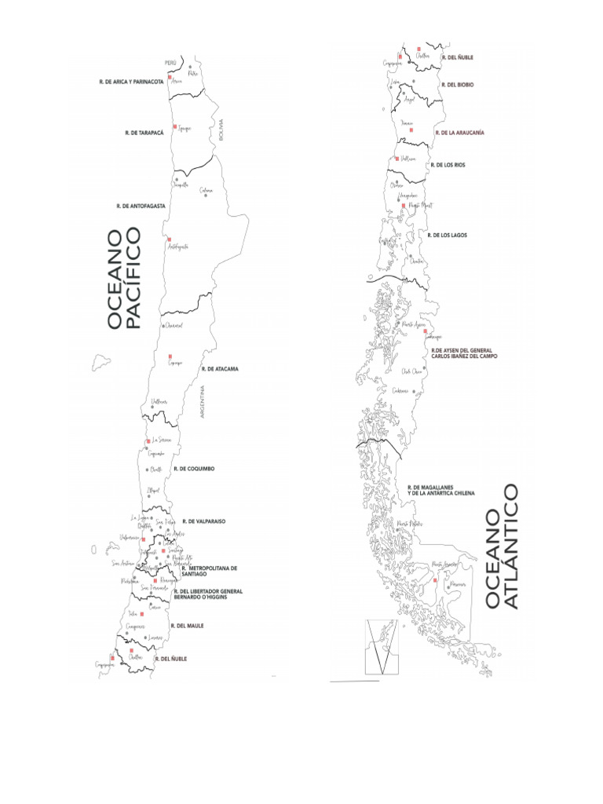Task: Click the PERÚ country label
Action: (170, 62)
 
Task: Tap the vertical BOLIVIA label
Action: (221, 130)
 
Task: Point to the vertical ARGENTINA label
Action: (203, 400)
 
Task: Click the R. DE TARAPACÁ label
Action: (143, 133)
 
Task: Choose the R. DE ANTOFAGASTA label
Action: (139, 206)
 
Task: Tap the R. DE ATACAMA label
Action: (220, 368)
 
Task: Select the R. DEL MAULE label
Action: (187, 626)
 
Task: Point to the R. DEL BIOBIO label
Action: (458, 84)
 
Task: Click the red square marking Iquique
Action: (174, 126)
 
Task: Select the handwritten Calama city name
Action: (206, 189)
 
